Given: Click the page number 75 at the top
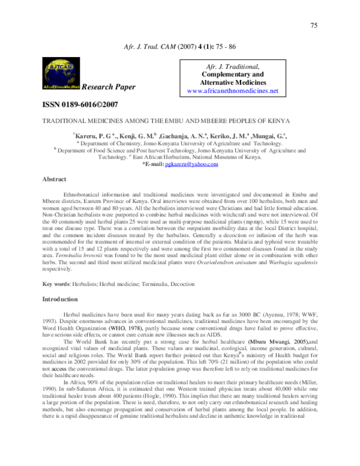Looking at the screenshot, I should click(x=313, y=25).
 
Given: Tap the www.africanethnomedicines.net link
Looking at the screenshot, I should click(x=233, y=91).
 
